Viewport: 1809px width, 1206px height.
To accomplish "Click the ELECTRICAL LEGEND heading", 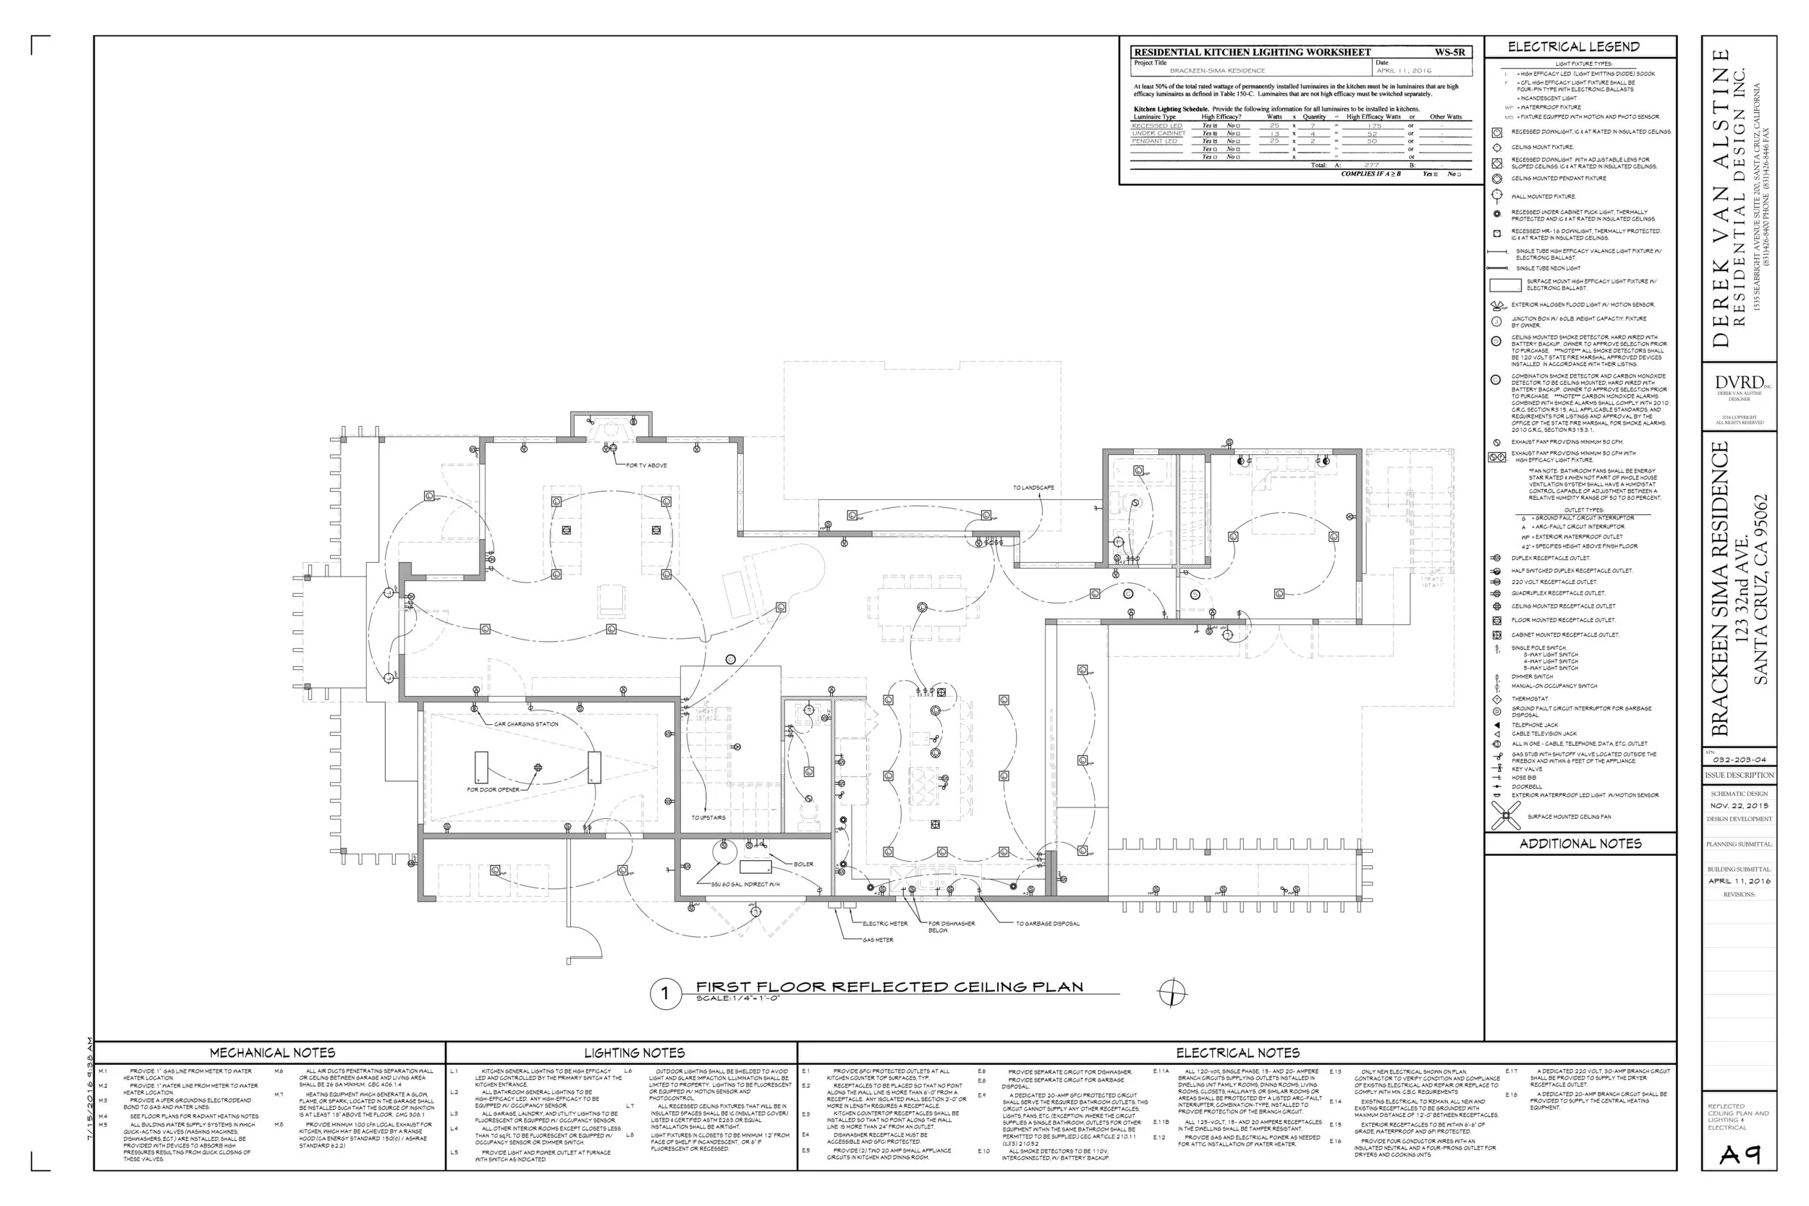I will (1573, 47).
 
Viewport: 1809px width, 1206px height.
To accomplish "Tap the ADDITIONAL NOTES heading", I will (1580, 844).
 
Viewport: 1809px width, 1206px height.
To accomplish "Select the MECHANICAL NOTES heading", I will (272, 1052).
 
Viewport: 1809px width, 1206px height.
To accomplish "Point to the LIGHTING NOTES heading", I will (634, 1052).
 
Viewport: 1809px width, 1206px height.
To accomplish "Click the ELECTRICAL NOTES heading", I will (1237, 1052).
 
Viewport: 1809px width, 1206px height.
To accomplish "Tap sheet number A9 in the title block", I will (1740, 1155).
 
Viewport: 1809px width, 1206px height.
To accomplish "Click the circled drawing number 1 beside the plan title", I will (664, 993).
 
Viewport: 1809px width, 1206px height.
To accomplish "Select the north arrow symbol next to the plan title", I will (1172, 993).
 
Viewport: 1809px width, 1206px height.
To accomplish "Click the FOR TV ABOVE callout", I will (646, 465).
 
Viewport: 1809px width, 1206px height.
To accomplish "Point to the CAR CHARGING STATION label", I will (526, 723).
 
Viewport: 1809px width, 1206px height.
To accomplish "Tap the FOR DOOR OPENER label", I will (493, 790).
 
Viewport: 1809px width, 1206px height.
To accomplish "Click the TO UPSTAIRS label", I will (708, 818).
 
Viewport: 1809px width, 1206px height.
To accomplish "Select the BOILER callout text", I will (803, 864).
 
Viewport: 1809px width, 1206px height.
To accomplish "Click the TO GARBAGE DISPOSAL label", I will (1047, 924).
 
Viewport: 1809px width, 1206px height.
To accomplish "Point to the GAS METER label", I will (878, 940).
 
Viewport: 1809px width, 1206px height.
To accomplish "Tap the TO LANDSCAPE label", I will (1033, 488).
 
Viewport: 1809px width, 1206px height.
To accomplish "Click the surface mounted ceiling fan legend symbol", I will (1505, 815).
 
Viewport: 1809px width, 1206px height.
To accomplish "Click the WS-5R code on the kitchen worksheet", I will (1449, 52).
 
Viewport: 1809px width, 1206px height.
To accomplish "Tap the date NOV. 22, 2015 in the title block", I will (1739, 805).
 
